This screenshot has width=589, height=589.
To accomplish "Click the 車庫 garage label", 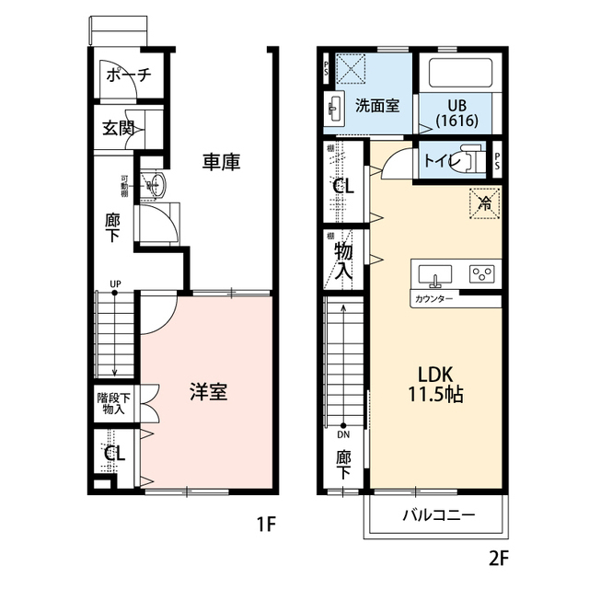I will (x=222, y=163).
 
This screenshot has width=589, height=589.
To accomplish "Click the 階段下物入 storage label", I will (x=114, y=404).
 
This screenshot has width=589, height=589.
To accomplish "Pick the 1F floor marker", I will (x=267, y=525).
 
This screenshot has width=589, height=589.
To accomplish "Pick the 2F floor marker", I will (x=498, y=557).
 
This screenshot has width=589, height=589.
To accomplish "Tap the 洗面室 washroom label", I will (x=377, y=105).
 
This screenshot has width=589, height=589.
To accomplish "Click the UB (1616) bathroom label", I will (x=457, y=112).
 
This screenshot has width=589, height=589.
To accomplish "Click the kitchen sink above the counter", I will (x=433, y=274).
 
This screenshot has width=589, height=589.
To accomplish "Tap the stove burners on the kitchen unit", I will (x=481, y=273).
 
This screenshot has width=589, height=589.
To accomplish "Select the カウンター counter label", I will (x=433, y=299).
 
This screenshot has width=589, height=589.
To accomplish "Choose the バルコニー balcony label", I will (x=438, y=514).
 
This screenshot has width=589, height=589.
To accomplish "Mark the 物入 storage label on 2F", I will (x=343, y=260).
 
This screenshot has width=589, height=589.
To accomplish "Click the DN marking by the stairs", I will (x=343, y=434).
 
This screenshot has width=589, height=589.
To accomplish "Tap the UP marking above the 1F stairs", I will (x=115, y=283).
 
